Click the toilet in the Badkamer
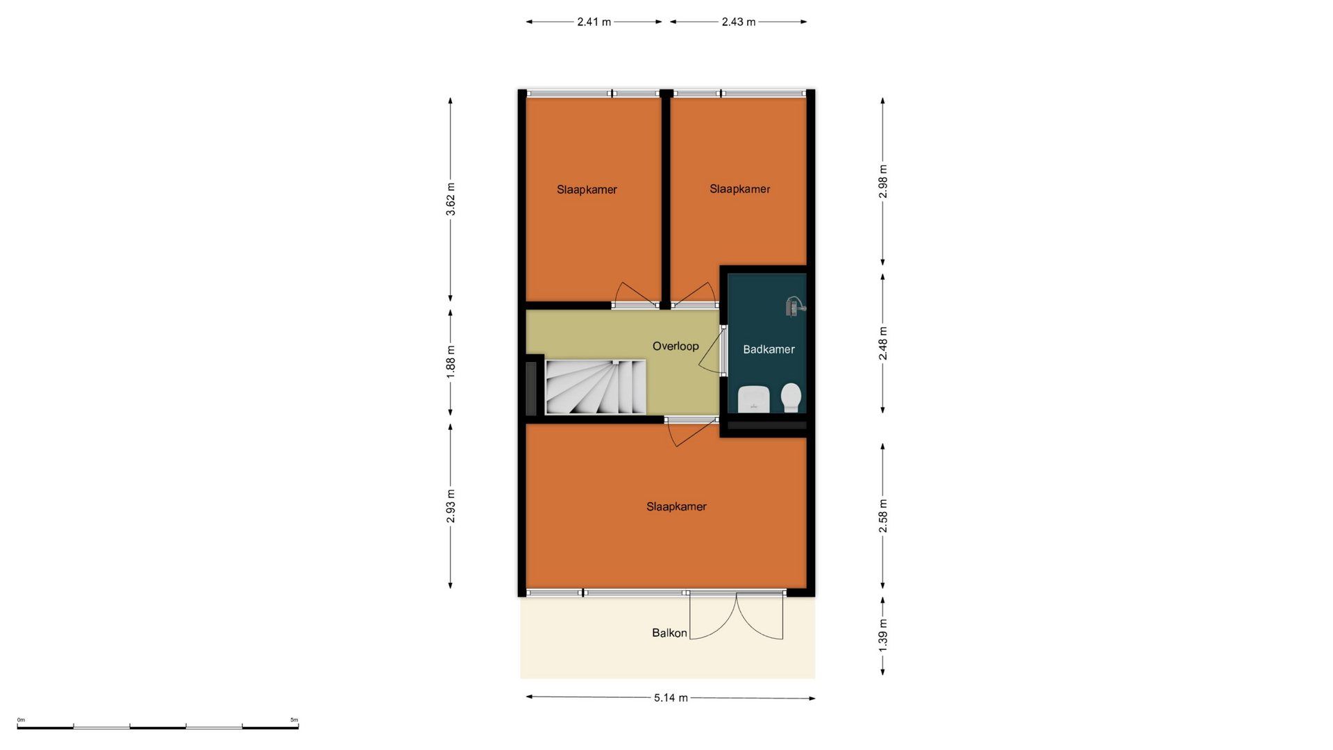(791, 398)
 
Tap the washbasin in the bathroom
(753, 399)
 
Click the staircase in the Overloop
(596, 387)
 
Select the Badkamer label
(769, 349)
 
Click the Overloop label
(676, 346)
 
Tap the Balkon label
(669, 633)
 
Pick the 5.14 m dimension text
(671, 698)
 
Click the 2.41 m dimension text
(594, 22)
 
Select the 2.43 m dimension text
(738, 22)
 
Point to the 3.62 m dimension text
(451, 199)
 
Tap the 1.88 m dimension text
(451, 362)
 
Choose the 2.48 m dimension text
(883, 344)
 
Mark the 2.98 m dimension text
(883, 181)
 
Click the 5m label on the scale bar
(294, 720)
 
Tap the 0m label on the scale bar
(21, 720)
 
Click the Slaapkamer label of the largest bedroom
(676, 507)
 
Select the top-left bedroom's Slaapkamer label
(587, 190)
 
